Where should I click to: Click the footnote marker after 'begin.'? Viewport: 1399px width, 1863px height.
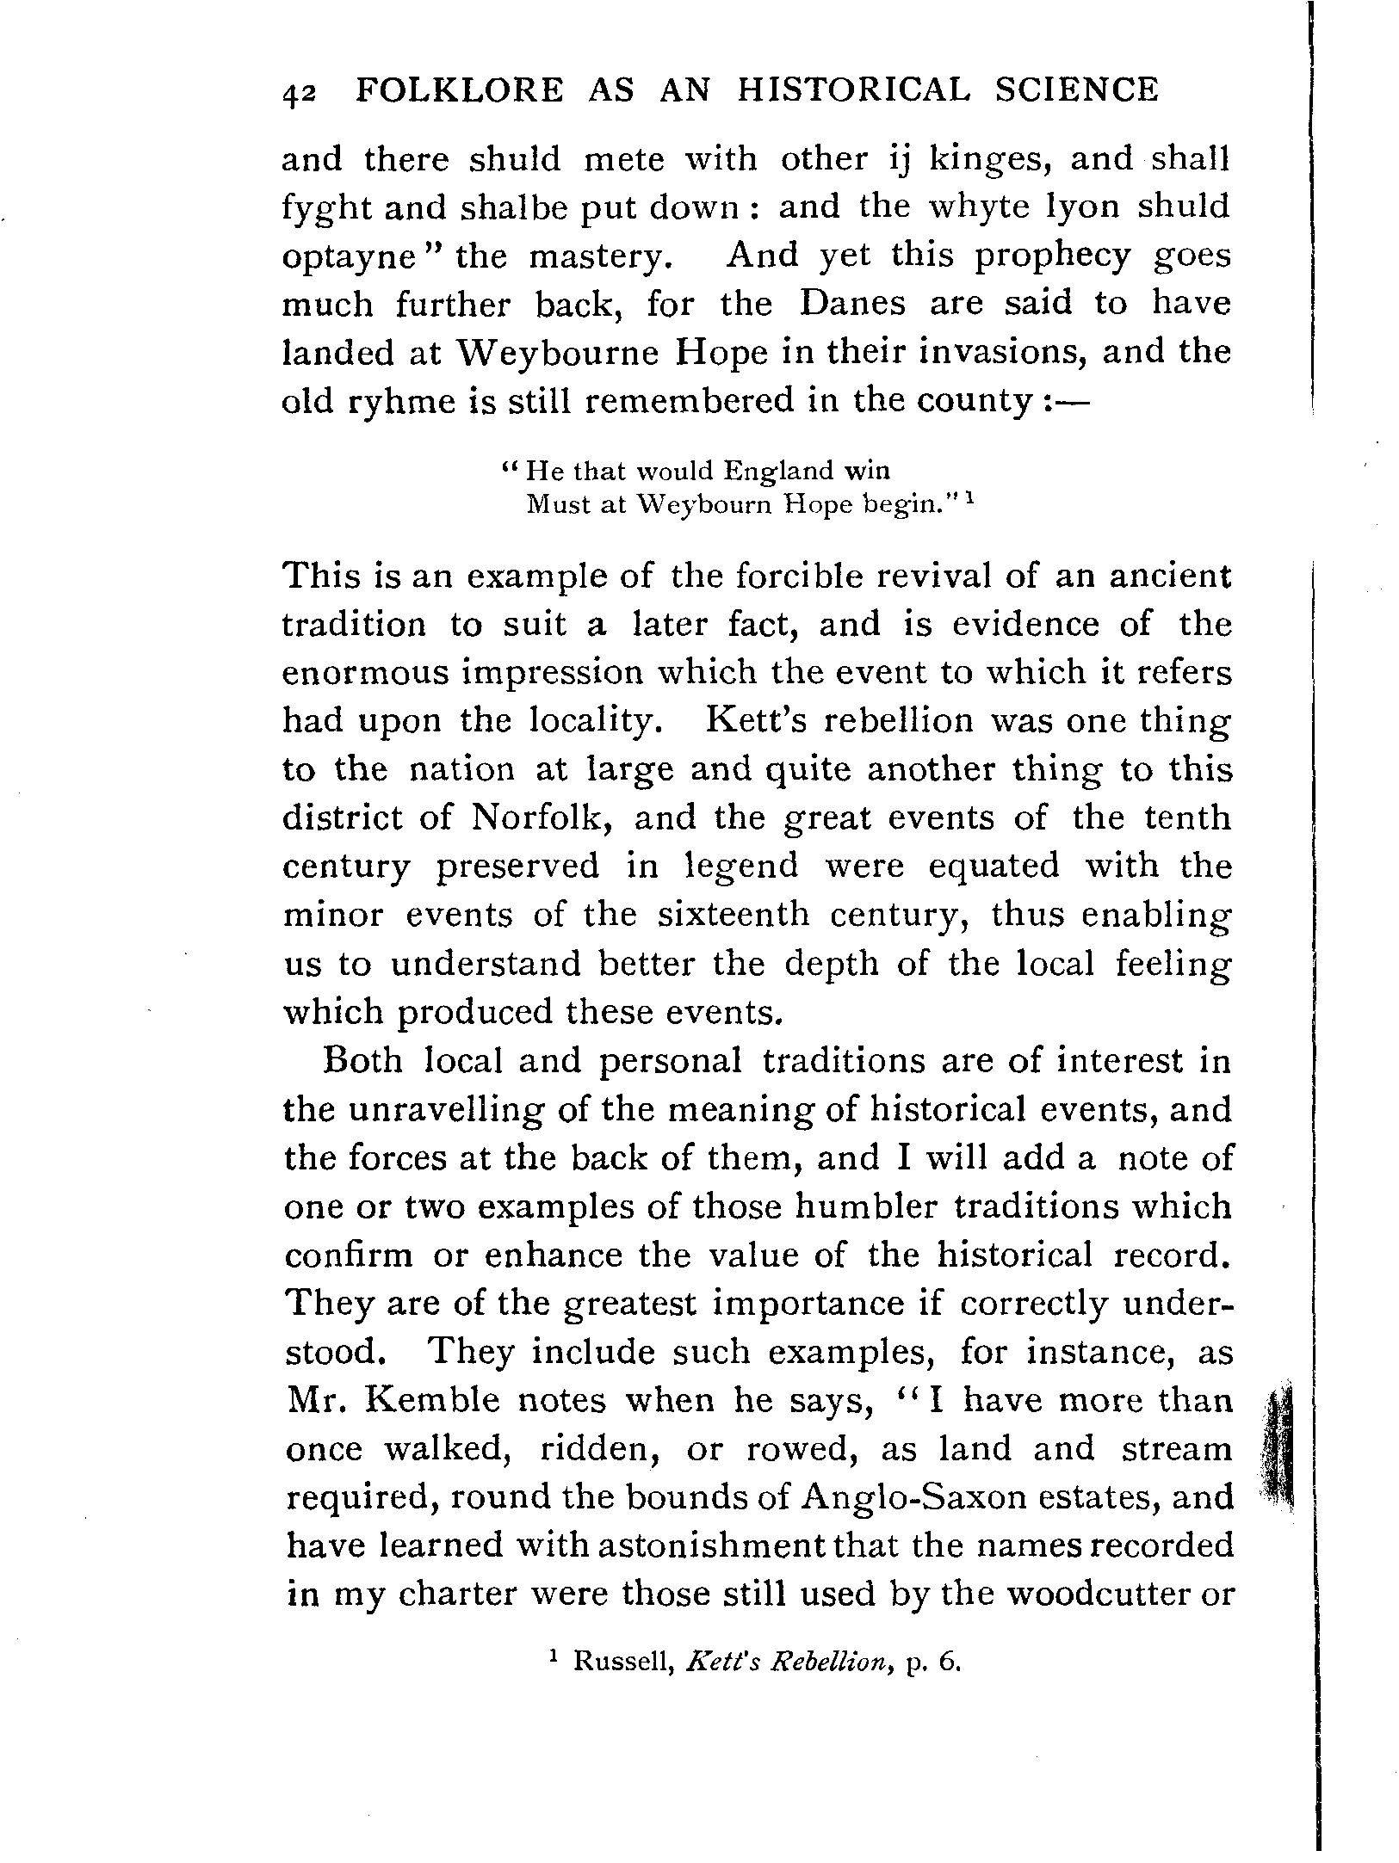click(969, 498)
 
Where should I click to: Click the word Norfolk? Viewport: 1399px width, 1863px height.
click(543, 818)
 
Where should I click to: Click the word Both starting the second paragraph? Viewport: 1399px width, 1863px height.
click(362, 1061)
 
